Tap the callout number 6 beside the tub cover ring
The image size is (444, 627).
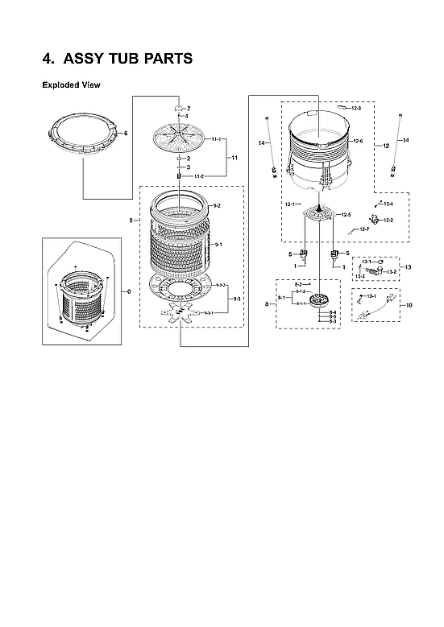pyautogui.click(x=126, y=133)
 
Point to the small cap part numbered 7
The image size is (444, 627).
pyautogui.click(x=180, y=108)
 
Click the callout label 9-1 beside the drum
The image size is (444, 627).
pyautogui.click(x=218, y=244)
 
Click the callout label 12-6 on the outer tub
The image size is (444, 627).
pyautogui.click(x=358, y=142)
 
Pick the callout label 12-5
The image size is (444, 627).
pyautogui.click(x=346, y=215)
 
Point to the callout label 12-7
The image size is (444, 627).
pyautogui.click(x=364, y=230)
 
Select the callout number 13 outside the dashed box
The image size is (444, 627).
pyautogui.click(x=408, y=266)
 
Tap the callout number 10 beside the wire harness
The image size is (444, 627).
pyautogui.click(x=409, y=306)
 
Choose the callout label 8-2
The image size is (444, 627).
pyautogui.click(x=298, y=285)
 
